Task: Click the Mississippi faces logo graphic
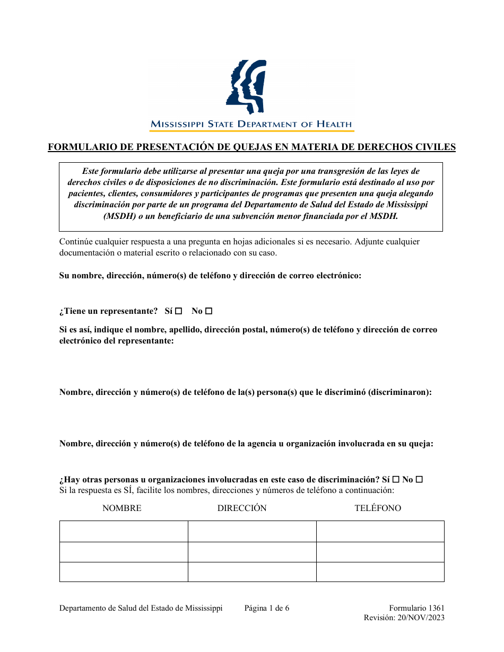coord(245,87)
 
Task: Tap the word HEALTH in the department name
coord(334,124)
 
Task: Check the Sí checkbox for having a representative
coord(179,311)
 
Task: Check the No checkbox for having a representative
coord(208,311)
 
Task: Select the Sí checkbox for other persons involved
coord(396,480)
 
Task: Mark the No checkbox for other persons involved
coord(419,480)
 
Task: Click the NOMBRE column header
coord(122,508)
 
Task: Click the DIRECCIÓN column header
coord(242,508)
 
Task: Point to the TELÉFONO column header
coord(378,508)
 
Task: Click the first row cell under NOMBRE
coord(124,531)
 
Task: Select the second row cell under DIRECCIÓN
coord(252,552)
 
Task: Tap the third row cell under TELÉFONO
coord(380,572)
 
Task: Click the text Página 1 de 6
coord(267,608)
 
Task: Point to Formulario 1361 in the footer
coord(416,608)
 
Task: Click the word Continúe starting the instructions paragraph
coord(77,242)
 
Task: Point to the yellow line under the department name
coord(251,130)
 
